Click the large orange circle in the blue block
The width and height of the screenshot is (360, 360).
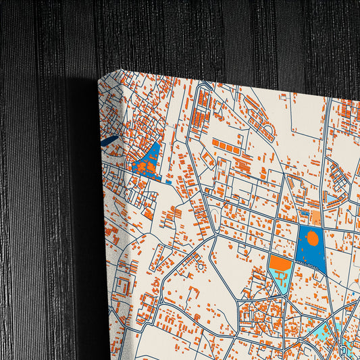[x=312, y=238]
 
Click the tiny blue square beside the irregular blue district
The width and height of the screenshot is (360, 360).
[x=168, y=182]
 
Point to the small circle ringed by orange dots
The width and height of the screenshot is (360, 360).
[x=200, y=267]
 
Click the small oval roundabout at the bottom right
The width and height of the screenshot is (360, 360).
[x=346, y=351]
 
